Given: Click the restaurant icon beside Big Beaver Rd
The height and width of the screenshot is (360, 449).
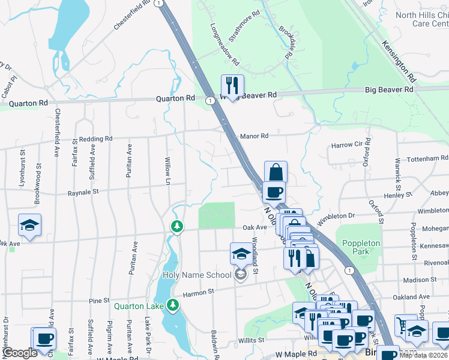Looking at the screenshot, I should pos(232,85).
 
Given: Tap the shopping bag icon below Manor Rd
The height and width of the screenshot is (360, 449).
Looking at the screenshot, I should pos(276,172).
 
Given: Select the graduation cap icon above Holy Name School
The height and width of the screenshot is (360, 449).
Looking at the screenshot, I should pos(241,254).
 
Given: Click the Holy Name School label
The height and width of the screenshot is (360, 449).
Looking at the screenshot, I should pos(197,275).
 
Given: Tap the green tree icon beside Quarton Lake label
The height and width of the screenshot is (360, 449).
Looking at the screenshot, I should pos(173,306).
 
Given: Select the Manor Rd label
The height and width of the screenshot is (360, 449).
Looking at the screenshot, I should pos(254,136).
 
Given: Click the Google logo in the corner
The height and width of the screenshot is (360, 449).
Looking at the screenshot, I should pos(20,353).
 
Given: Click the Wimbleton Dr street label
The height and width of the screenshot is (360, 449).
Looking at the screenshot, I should pos(336,216).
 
